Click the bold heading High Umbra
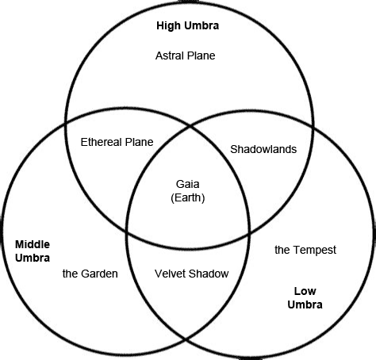point(187,26)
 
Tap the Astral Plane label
point(186,56)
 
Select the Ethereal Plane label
point(117,142)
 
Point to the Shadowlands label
point(263,149)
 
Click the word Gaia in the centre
point(188,184)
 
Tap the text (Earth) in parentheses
point(188,197)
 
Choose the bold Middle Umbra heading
point(33,251)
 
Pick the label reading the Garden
point(90,274)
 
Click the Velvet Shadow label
point(190,274)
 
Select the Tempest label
point(305,250)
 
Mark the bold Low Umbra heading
point(305,297)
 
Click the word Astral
point(170,56)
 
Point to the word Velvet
point(169,274)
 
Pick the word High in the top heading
point(169,26)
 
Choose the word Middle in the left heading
point(33,244)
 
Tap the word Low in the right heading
point(305,290)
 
